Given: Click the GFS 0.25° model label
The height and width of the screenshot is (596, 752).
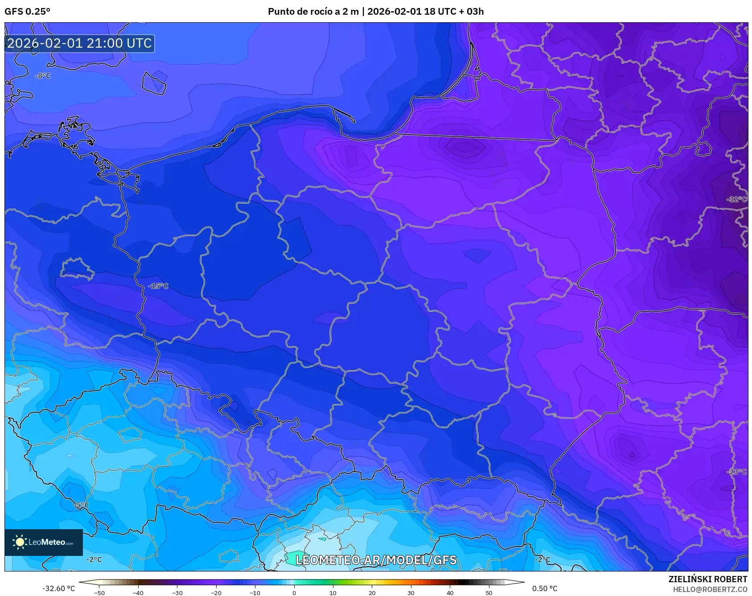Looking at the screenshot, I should (27, 12).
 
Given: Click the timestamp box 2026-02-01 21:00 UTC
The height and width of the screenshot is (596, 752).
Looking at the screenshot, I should (79, 43).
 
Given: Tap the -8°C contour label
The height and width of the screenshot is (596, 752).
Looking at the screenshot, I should (43, 76).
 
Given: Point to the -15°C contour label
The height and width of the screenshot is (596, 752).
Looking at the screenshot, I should (158, 286).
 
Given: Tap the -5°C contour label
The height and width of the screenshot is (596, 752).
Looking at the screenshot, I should (82, 505).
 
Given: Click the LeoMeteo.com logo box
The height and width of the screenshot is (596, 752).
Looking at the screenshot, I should (44, 542).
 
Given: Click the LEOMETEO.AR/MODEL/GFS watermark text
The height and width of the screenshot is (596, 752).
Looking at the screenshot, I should (376, 560).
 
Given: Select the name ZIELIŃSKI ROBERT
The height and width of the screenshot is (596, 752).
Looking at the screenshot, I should (707, 579).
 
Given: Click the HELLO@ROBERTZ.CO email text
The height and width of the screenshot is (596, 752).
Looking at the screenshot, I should (710, 589).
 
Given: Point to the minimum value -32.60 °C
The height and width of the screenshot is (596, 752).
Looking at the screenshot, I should (59, 588).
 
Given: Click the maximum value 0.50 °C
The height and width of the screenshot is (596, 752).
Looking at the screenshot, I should (545, 588).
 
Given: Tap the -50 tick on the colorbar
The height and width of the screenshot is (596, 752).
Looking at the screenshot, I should (99, 592).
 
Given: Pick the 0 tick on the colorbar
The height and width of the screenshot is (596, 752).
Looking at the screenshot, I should (294, 592).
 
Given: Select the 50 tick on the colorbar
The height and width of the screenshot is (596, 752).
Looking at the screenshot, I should (489, 592).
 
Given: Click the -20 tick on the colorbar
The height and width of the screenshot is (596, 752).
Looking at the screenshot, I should (216, 592).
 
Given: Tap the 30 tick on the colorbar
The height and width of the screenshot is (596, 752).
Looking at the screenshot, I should (411, 592).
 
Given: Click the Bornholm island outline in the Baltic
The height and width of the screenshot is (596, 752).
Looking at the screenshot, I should (154, 83).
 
